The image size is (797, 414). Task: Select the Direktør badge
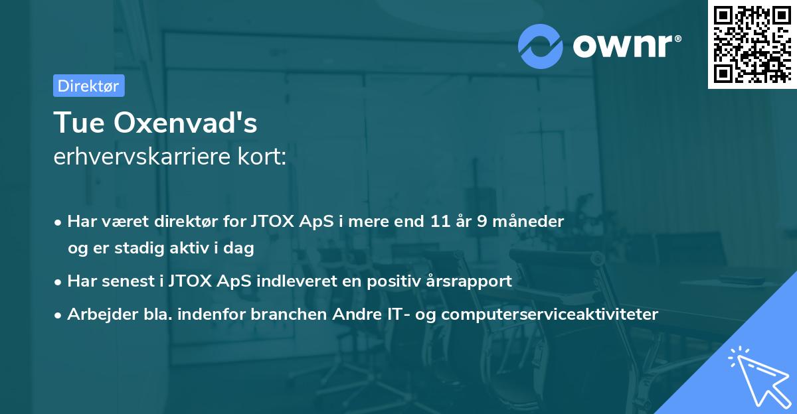(x=88, y=86)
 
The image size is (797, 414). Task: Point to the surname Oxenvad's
(x=186, y=123)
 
